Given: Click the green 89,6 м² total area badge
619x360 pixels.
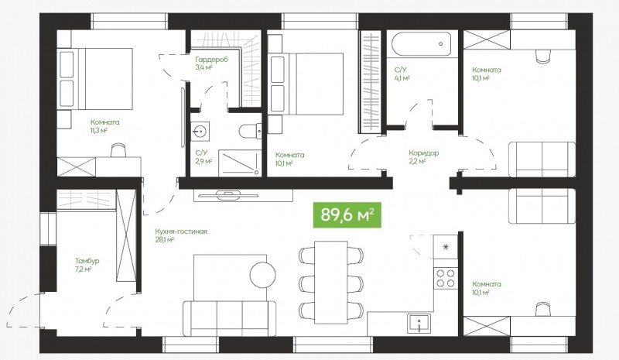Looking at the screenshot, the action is coord(347,215).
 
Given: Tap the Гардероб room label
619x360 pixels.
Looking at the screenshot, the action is coord(211,60).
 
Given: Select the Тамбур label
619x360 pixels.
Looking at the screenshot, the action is coord(87,261).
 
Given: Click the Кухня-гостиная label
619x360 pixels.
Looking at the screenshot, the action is coord(181,231).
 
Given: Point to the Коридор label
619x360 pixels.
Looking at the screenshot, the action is coord(423,153).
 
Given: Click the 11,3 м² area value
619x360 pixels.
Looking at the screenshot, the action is coord(99,130).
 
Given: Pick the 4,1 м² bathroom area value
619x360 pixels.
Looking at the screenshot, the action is coord(402,78).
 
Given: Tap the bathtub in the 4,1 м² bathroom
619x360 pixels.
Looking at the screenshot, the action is coord(422,44).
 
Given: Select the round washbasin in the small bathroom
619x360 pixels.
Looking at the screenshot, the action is coord(200,131).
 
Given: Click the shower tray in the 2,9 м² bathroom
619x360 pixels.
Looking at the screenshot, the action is coord(240,163).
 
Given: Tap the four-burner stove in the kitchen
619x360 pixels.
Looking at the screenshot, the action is coord(446,277).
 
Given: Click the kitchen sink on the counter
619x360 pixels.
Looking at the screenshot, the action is coord(419,324).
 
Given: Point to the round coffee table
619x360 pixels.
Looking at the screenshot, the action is coord(262,274).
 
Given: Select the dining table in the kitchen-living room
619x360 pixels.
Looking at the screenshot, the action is coord(331,282).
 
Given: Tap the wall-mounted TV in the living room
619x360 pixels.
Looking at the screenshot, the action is coord(228,195).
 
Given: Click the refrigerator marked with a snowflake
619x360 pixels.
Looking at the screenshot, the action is coord(446,247).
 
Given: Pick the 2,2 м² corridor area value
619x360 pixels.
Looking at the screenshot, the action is coord(417,161).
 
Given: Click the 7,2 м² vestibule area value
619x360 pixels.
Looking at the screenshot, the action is coord(84,269).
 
